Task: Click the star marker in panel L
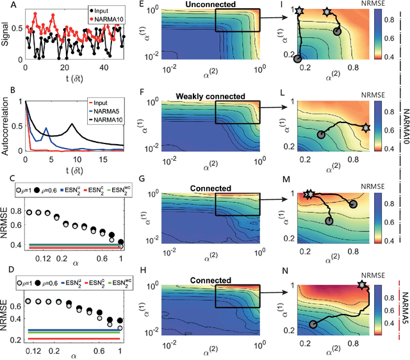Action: point(366,127)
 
